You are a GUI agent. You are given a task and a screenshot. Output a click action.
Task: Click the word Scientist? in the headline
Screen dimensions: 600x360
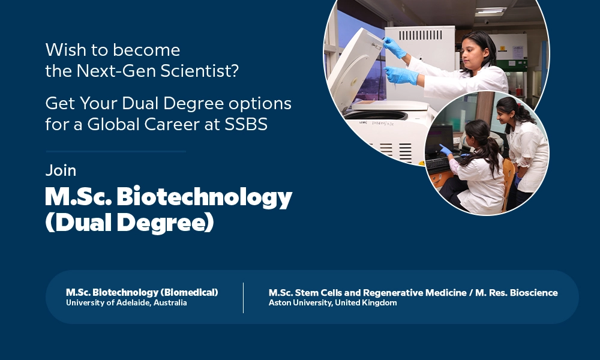point(199,71)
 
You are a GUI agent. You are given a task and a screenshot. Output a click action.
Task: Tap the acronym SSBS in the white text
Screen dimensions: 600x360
point(245,124)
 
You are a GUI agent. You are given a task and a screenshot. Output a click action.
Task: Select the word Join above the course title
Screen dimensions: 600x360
point(61,170)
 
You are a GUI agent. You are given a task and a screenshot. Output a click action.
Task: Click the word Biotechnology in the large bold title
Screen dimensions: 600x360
point(205,197)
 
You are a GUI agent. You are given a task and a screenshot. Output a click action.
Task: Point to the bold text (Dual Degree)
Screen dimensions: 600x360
point(130,222)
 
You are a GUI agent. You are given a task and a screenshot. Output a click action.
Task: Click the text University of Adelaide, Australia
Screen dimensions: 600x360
point(126,302)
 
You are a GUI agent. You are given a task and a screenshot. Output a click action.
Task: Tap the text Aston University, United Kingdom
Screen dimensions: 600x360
point(332,302)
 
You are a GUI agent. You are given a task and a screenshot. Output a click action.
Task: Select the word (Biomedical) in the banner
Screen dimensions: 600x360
point(190,292)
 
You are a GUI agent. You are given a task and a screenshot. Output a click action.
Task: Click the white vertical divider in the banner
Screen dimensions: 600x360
point(244,298)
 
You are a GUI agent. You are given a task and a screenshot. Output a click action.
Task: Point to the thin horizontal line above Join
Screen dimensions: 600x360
point(116,151)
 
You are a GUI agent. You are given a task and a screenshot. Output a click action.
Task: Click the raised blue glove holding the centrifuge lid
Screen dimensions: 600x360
point(394,47)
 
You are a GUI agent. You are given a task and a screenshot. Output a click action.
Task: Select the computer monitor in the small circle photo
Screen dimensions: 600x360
point(439,139)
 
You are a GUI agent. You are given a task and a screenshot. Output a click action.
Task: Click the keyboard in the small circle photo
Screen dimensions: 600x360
point(439,163)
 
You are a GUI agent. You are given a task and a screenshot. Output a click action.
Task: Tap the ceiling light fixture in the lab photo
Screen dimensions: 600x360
point(491,11)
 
